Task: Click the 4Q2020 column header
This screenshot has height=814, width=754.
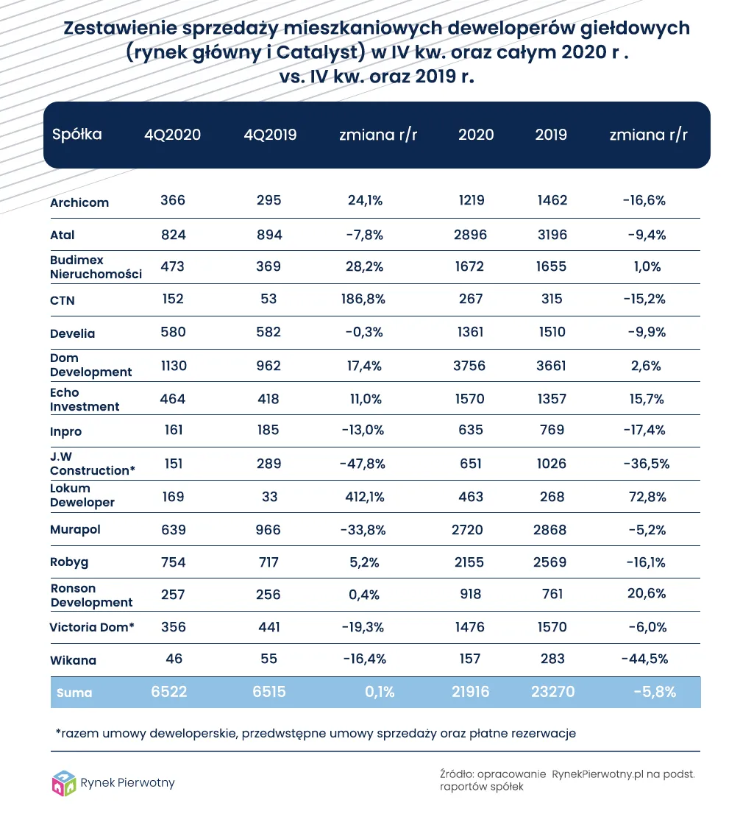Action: pyautogui.click(x=172, y=135)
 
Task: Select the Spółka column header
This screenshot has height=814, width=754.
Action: pyautogui.click(x=77, y=135)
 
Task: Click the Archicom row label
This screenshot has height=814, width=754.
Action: pyautogui.click(x=79, y=202)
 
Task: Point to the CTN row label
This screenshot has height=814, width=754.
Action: pyautogui.click(x=63, y=300)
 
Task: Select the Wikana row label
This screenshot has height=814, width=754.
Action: pyautogui.click(x=73, y=660)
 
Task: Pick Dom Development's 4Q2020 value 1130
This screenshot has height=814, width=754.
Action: pyautogui.click(x=173, y=365)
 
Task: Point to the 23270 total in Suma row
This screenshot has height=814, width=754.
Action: pyautogui.click(x=551, y=692)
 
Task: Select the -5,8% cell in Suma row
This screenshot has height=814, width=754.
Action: pyautogui.click(x=655, y=692)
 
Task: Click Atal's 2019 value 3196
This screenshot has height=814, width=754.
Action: pyautogui.click(x=551, y=235)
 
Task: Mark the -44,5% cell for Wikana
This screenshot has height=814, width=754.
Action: pyautogui.click(x=644, y=659)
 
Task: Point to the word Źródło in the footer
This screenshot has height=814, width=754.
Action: pyautogui.click(x=455, y=774)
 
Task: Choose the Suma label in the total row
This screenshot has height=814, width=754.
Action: pyautogui.click(x=74, y=693)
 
